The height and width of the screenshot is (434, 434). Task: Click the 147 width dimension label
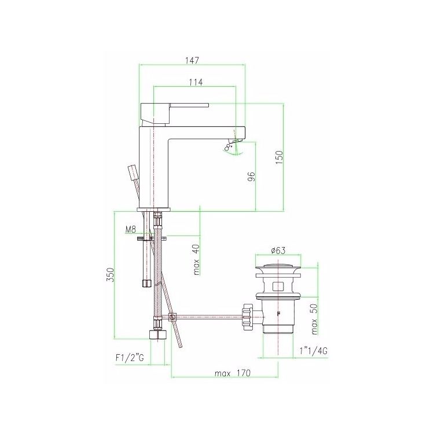pos(192,60)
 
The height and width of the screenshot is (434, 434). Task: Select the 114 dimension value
pos(196,82)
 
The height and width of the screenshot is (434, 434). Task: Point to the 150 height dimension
pos(279,157)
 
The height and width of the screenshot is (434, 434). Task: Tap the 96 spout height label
pos(251,176)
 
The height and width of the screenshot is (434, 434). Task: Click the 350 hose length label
pos(110,275)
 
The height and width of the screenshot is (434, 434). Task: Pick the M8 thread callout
pos(131,229)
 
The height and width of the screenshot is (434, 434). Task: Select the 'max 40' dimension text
pos(197,260)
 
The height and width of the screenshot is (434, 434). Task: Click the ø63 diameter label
pos(278,251)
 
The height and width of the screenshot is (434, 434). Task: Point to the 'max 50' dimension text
pos(314,319)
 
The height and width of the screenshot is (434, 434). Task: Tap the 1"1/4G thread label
pos(313,351)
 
